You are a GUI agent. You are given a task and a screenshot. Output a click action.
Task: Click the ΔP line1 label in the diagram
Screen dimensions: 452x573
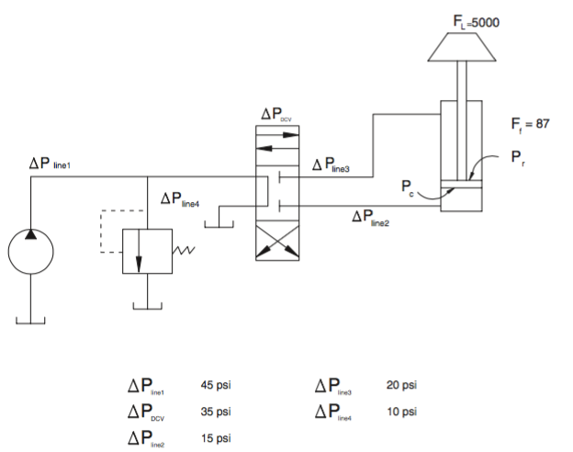[x=50, y=164]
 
